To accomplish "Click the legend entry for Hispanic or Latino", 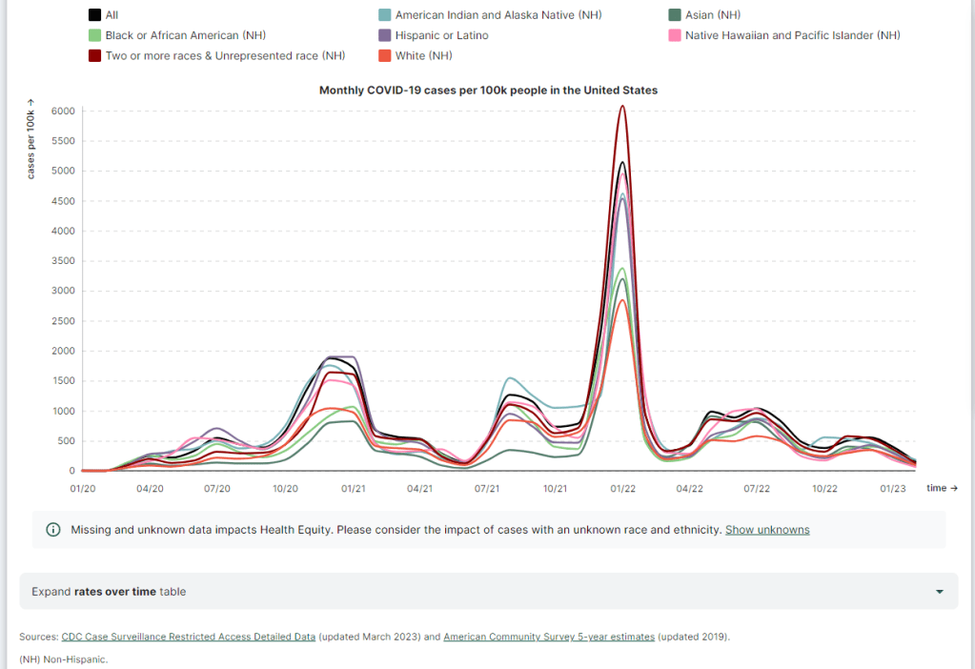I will click(x=441, y=35).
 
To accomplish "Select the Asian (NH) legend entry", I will click(x=713, y=15).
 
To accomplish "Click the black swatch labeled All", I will click(x=95, y=15).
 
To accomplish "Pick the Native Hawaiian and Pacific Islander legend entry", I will click(x=792, y=35).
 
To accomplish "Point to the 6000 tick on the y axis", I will click(x=63, y=111).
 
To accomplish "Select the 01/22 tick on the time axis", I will click(x=623, y=488).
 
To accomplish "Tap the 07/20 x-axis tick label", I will click(x=217, y=488).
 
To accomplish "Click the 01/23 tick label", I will click(x=893, y=488).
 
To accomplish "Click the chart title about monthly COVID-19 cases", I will click(x=488, y=91).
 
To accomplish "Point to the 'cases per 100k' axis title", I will click(x=31, y=139).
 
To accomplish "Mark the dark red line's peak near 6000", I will click(x=622, y=106).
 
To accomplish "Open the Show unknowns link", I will click(x=767, y=530).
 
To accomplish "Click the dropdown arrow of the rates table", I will click(x=940, y=592).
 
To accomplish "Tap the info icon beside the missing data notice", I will click(x=53, y=530).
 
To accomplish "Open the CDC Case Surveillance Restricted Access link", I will click(x=188, y=637).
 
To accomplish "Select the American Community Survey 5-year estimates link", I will click(x=549, y=637).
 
